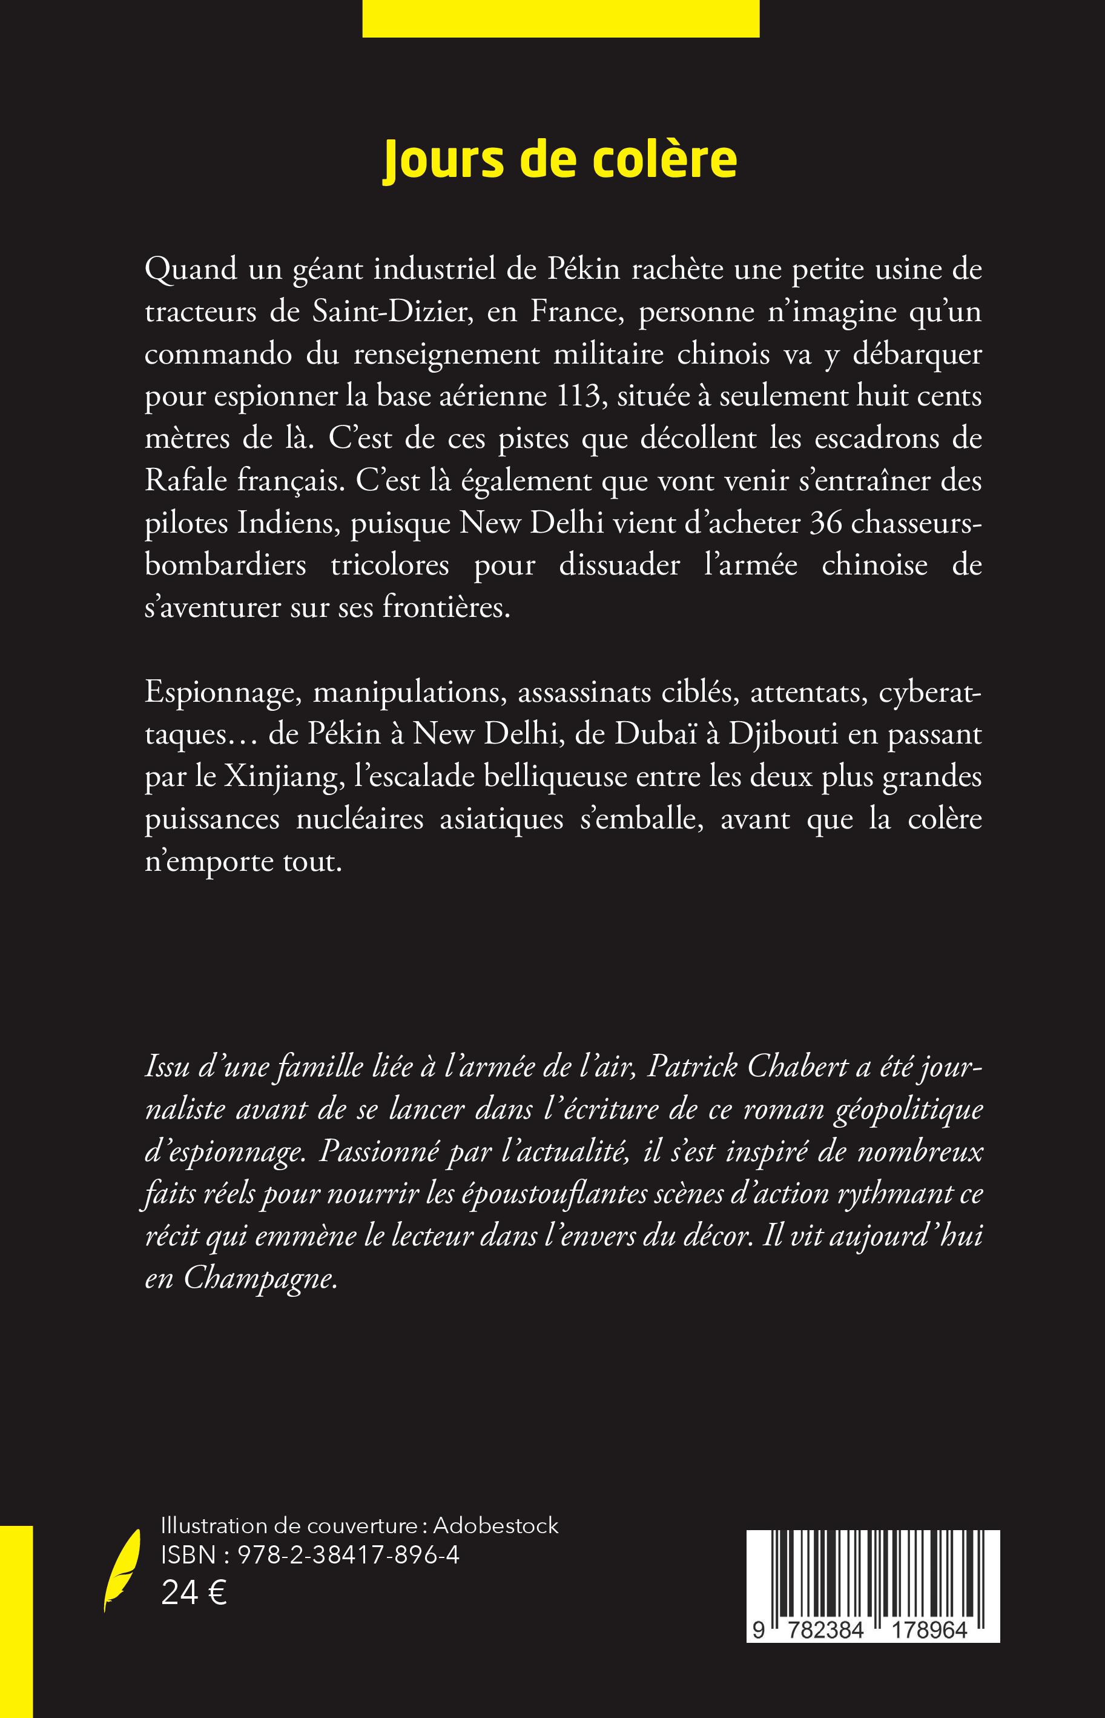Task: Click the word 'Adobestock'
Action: pos(495,1525)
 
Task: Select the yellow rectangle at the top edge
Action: pos(561,18)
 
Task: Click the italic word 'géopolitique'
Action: pos(908,1111)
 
